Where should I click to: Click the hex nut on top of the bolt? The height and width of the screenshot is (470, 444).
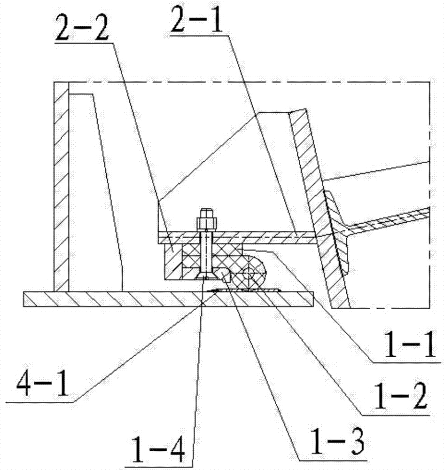[x=206, y=221]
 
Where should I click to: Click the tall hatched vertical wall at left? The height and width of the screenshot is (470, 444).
[x=62, y=188]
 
